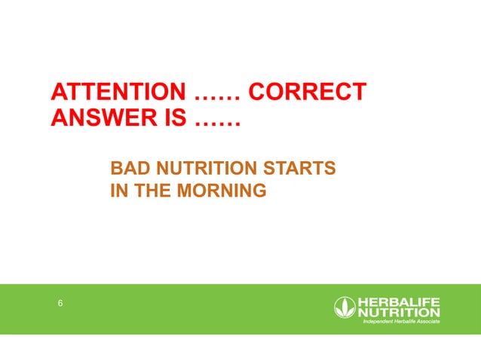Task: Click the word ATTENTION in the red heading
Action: [118, 93]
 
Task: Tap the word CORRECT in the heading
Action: [307, 93]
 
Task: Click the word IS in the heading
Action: [173, 119]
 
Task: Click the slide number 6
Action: [60, 304]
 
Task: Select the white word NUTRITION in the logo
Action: [400, 313]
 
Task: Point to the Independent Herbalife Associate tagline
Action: [402, 322]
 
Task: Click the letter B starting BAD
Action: [116, 167]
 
